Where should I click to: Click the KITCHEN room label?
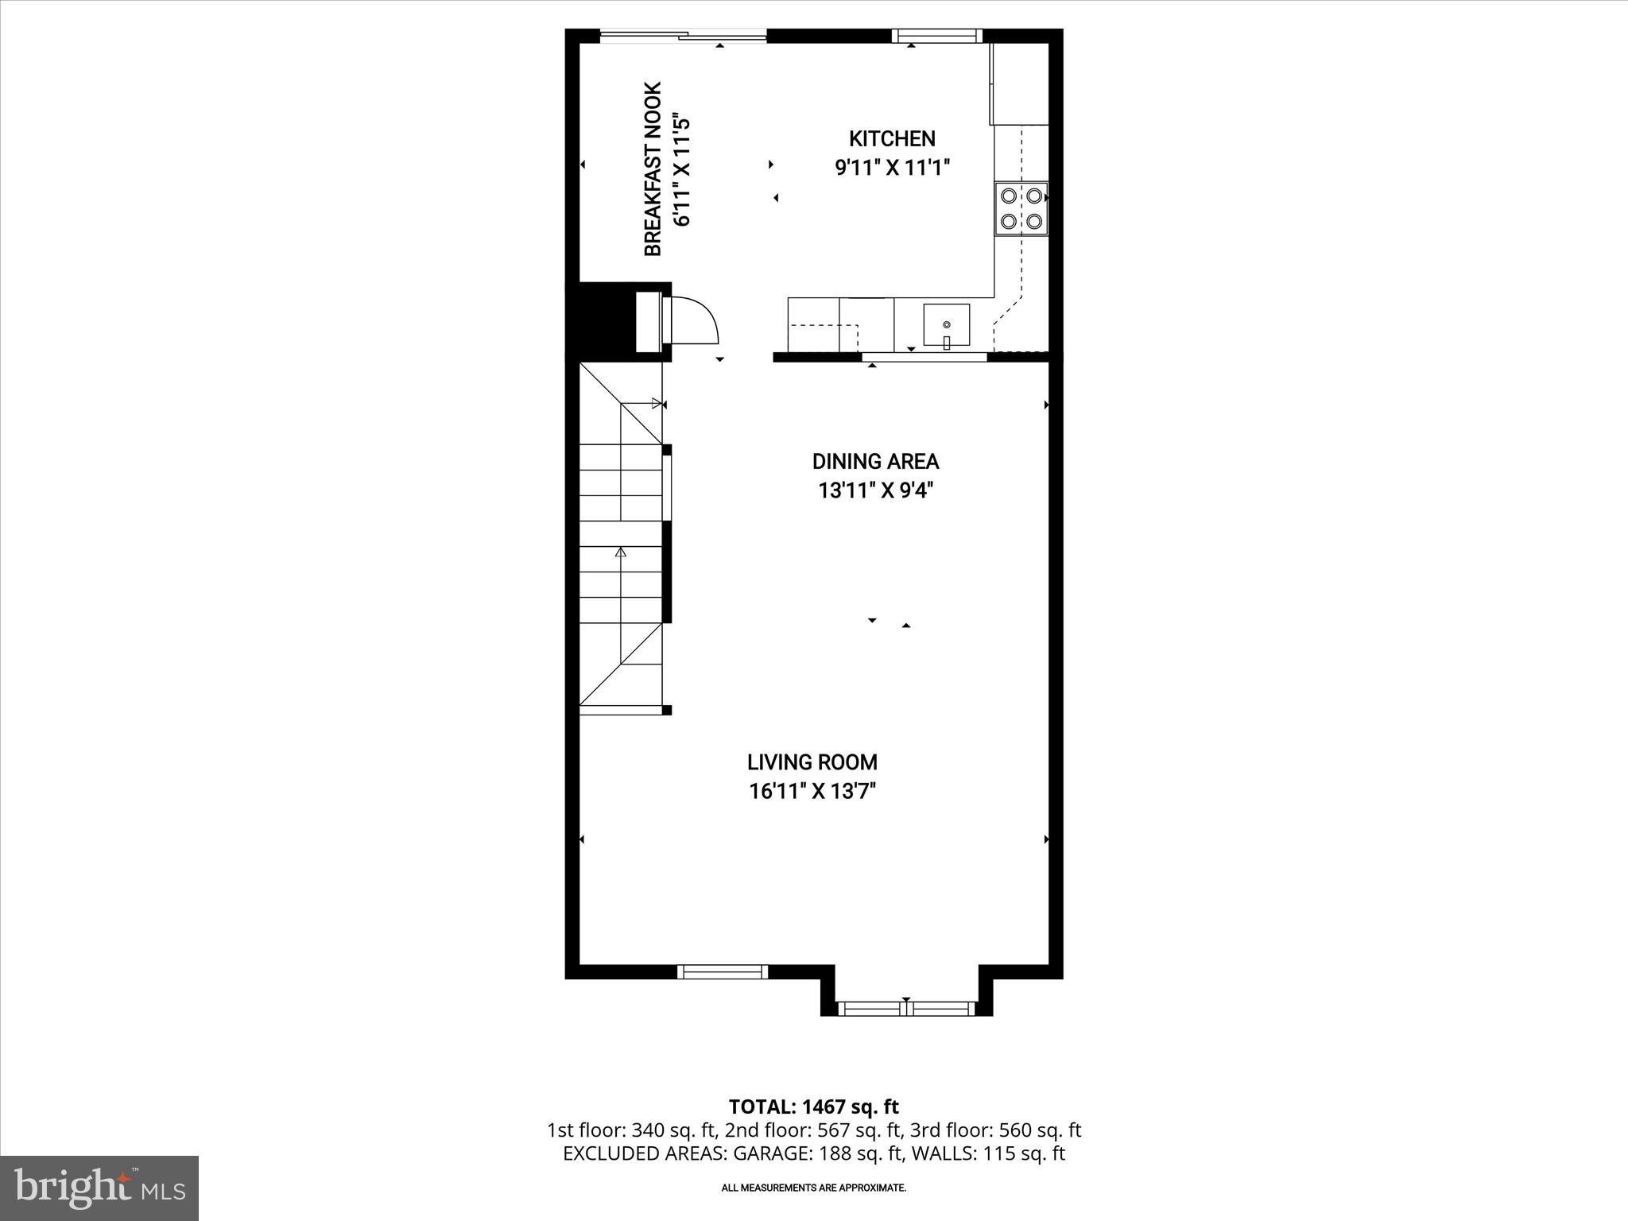(892, 139)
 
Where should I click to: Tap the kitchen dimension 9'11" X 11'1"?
(892, 169)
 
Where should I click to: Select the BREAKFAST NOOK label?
(653, 169)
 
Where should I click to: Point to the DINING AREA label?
(875, 462)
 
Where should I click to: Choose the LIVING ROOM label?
(812, 762)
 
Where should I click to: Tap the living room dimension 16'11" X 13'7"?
(812, 792)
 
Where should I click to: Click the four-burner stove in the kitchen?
(1021, 208)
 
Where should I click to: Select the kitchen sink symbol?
(946, 326)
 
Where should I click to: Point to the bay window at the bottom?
(906, 1008)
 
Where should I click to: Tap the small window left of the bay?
(723, 971)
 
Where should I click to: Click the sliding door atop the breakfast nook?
(683, 35)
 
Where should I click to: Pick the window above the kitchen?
(936, 35)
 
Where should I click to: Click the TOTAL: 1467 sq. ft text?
(813, 1107)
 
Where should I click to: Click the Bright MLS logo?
(99, 1188)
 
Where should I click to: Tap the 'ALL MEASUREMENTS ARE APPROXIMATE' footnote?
(813, 1188)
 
